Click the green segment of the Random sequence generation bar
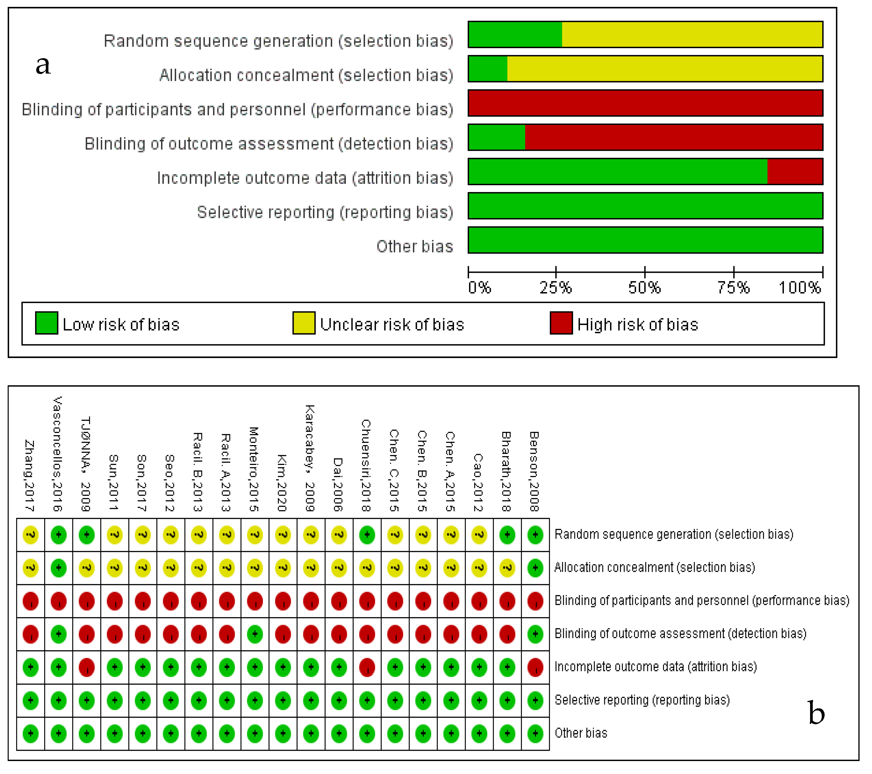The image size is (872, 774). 515,35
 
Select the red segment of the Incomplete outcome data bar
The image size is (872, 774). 795,171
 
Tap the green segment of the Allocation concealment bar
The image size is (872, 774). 488,69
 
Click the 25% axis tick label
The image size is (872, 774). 556,288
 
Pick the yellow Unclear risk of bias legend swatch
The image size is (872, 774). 304,323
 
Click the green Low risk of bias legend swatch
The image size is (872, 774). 47,323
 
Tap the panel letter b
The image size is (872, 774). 816,713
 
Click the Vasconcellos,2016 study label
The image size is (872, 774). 58,454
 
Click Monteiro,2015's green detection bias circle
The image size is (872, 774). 255,634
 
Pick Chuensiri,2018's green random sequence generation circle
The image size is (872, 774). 367,535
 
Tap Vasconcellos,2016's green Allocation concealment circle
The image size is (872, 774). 58,568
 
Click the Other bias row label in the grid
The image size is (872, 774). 581,733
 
